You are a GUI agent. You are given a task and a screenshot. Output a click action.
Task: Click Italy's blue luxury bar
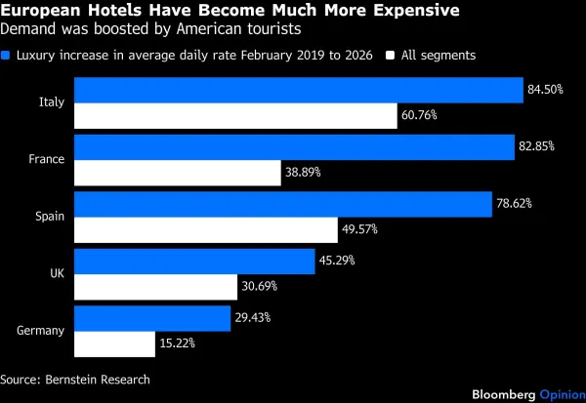pyautogui.click(x=298, y=90)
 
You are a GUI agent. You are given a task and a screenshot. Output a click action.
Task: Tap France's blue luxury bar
pyautogui.click(x=294, y=146)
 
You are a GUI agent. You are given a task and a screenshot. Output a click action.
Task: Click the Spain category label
pyautogui.click(x=50, y=217)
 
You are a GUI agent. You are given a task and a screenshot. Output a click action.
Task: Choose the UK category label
pyautogui.click(x=57, y=273)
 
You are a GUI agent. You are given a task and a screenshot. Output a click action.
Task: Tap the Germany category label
pyautogui.click(x=41, y=330)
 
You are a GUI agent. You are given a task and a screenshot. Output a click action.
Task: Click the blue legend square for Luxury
pyautogui.click(x=8, y=56)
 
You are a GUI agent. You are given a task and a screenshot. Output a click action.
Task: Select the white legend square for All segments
pyautogui.click(x=389, y=56)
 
